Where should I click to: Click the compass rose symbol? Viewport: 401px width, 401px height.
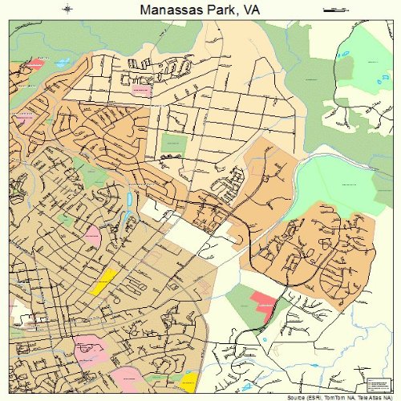click(x=67, y=10)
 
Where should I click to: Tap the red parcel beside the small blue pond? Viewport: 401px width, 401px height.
click(x=34, y=63)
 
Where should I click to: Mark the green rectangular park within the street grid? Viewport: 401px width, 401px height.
click(x=172, y=144)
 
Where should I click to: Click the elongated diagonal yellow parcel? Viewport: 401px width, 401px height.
click(x=105, y=281)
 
